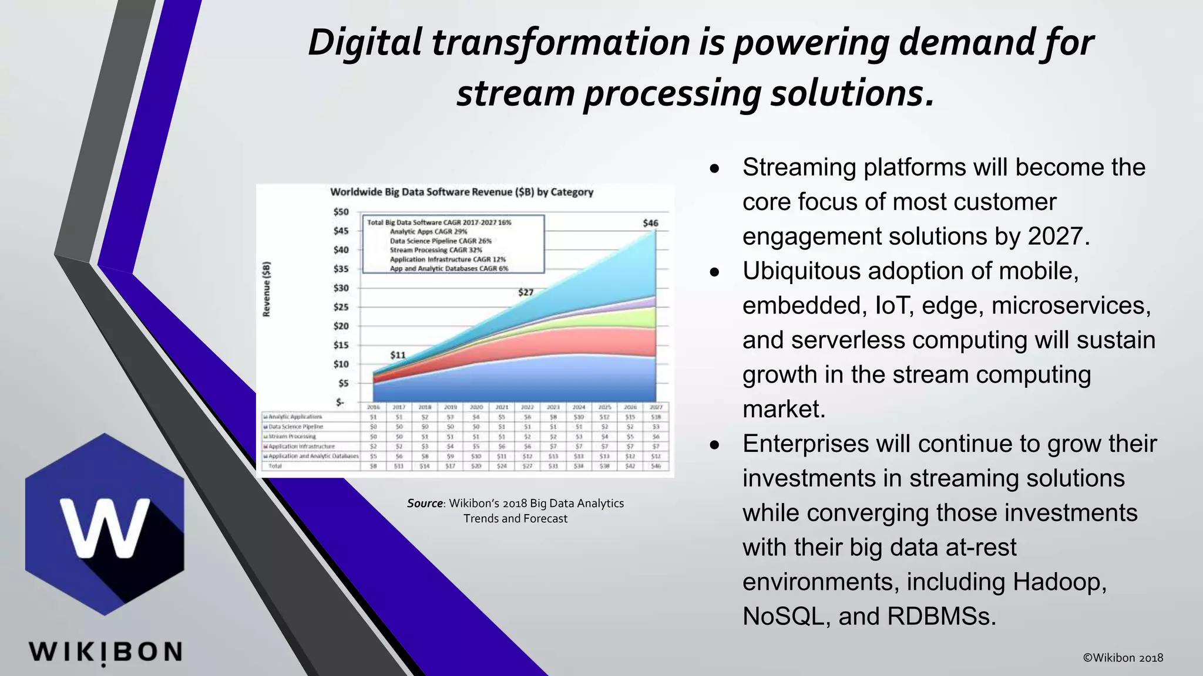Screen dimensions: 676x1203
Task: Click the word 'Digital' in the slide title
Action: pyautogui.click(x=365, y=43)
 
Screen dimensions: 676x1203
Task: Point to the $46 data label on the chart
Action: pyautogui.click(x=650, y=223)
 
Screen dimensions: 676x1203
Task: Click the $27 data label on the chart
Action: pyautogui.click(x=526, y=292)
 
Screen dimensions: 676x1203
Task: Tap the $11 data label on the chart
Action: pyautogui.click(x=398, y=355)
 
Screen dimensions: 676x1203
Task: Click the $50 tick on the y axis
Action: pyautogui.click(x=341, y=212)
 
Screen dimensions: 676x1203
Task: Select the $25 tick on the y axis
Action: pyautogui.click(x=341, y=307)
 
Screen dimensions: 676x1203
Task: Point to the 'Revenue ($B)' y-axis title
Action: pyautogui.click(x=267, y=289)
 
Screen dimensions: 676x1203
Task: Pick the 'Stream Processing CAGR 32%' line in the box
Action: pyautogui.click(x=436, y=250)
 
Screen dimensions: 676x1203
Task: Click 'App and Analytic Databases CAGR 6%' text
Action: pyautogui.click(x=449, y=269)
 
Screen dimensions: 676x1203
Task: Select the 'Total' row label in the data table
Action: pyautogui.click(x=275, y=466)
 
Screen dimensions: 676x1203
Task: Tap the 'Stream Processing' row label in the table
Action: pyautogui.click(x=292, y=437)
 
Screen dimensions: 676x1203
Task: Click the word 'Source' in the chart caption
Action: pyautogui.click(x=425, y=503)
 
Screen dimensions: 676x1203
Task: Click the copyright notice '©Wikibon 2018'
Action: pyautogui.click(x=1123, y=658)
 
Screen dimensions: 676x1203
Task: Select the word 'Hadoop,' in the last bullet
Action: pyautogui.click(x=1060, y=582)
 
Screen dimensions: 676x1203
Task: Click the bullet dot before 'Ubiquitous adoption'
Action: pyautogui.click(x=714, y=273)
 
